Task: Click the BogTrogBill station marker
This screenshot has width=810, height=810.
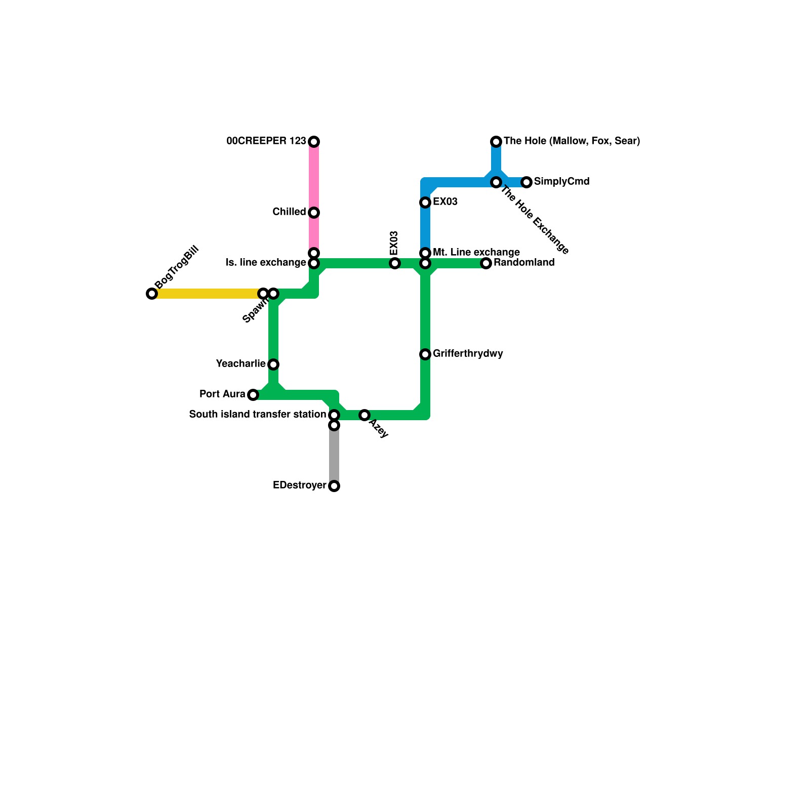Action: [152, 294]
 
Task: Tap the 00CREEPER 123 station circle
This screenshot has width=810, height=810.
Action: [314, 142]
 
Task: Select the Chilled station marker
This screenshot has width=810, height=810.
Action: [314, 213]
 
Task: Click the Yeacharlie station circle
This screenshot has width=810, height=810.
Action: [273, 364]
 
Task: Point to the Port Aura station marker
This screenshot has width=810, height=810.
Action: [253, 395]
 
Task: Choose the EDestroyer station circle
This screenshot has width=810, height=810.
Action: [334, 486]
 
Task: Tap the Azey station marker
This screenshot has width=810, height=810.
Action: [364, 415]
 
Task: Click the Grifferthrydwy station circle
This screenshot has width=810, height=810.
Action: [425, 354]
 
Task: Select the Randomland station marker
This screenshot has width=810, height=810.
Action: [486, 263]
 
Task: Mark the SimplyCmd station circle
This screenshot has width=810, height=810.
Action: [526, 182]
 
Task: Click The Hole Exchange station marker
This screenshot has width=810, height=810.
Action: [496, 182]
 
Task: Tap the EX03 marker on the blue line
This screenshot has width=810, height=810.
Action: [425, 202]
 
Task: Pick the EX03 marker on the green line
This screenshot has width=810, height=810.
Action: [395, 263]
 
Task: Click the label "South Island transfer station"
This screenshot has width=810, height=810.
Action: [257, 415]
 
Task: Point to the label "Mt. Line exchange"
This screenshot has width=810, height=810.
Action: [476, 252]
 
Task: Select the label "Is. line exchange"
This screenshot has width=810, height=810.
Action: [266, 263]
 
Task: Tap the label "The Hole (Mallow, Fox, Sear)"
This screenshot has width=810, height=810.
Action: [572, 141]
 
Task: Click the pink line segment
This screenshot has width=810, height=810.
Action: [314, 177]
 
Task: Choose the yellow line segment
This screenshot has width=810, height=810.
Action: [208, 294]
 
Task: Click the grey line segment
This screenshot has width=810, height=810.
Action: [334, 456]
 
